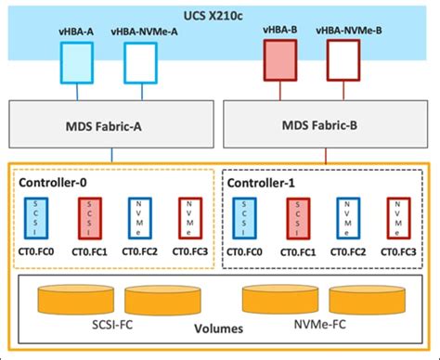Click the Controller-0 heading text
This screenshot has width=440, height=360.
click(53, 182)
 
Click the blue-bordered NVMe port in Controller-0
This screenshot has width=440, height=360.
click(136, 220)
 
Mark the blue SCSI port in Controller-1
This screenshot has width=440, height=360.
click(249, 220)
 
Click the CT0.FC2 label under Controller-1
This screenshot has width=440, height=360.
click(349, 251)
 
